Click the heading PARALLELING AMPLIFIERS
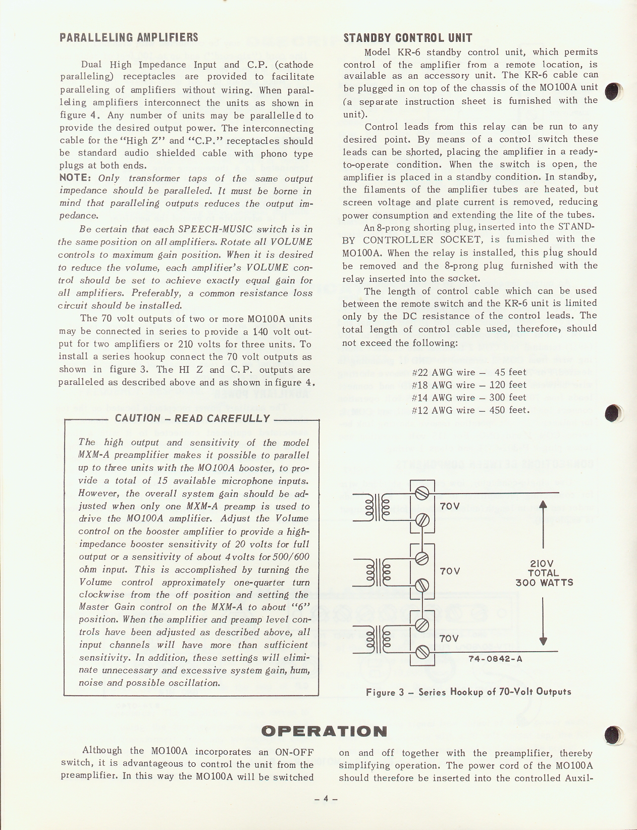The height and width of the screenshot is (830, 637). point(129,38)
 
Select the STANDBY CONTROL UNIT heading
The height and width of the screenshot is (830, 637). point(407,38)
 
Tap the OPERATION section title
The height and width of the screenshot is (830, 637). point(325,731)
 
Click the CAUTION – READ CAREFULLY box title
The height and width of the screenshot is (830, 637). point(192,418)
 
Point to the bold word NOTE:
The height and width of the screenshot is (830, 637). point(75,178)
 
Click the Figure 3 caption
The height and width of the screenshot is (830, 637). point(468,692)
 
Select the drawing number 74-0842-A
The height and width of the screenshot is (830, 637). point(495,659)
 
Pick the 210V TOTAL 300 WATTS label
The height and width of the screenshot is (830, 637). point(544,573)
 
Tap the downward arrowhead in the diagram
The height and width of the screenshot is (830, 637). point(543,641)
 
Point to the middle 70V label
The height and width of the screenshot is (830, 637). point(450,571)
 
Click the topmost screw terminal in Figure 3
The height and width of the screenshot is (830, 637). point(422,492)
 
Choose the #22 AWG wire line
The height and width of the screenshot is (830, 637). point(469,372)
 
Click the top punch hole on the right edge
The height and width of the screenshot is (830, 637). point(612,91)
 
